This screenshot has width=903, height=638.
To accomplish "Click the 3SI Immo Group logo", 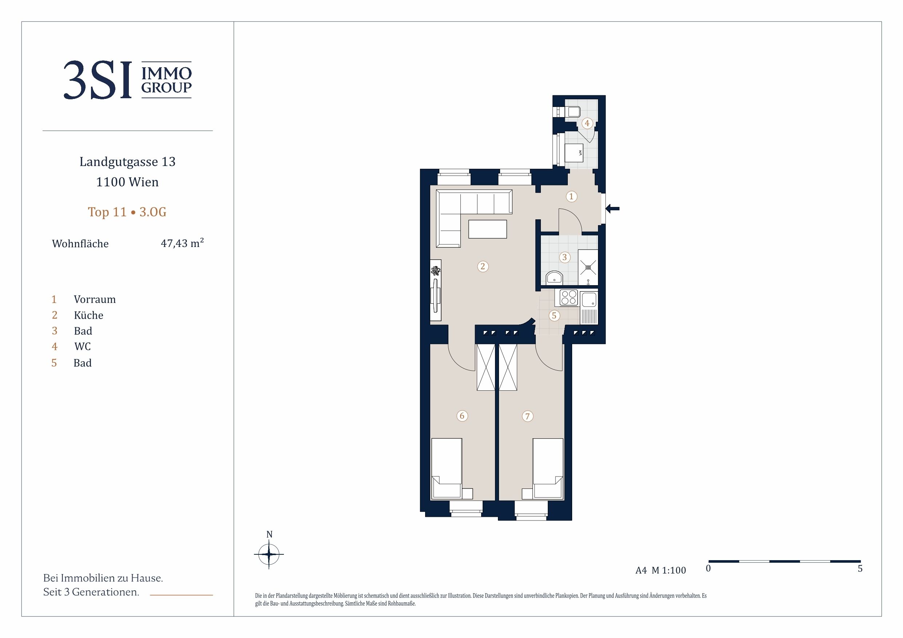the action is (x=127, y=80).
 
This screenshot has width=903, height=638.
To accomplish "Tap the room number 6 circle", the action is (x=462, y=415).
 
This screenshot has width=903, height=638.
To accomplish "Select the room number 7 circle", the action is (x=527, y=416).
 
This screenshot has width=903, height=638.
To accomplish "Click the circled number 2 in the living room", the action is (x=483, y=267).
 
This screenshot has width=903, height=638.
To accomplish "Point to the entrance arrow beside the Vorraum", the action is (x=612, y=209).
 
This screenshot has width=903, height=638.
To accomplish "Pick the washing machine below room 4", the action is (x=574, y=153).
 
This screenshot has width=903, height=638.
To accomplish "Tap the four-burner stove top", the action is (x=568, y=298).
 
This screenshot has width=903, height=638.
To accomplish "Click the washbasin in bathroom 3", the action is (x=555, y=278).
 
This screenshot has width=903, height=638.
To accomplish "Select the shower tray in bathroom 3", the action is (x=588, y=267).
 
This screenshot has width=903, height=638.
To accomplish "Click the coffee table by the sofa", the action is (x=487, y=229).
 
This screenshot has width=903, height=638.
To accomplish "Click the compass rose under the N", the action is (x=269, y=554).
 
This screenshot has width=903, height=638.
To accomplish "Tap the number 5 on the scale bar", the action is (x=860, y=569).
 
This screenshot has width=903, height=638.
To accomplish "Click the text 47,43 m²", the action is (x=182, y=243).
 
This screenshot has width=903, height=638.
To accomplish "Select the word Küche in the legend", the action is (x=88, y=315).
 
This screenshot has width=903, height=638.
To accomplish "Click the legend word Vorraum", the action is (x=95, y=300).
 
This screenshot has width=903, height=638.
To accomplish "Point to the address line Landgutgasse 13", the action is (x=127, y=162).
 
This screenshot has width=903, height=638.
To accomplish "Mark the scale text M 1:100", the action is (x=669, y=570).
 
